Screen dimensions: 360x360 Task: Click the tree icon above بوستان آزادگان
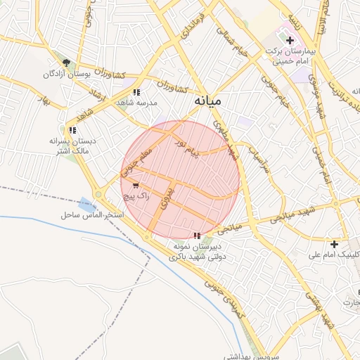pos(66,63)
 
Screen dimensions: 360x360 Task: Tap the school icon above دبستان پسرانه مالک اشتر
pos(72,130)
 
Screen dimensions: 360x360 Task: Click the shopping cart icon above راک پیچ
pos(135,186)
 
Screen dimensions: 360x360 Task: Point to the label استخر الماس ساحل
pos(93,213)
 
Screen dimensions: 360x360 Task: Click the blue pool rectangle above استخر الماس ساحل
pos(87,202)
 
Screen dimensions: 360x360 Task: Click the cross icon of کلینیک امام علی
pos(334,244)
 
